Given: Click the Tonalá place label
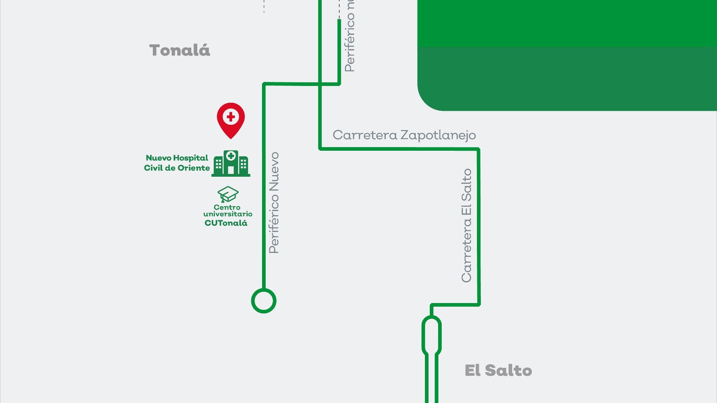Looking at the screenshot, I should coord(180,50).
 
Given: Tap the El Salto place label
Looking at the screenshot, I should coord(498,371).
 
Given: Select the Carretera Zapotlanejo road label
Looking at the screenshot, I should coord(404,135).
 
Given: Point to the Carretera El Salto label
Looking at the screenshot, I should coord(467,225).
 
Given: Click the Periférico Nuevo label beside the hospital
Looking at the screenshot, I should coord(274,203).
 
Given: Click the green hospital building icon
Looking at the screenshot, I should coord(231,163).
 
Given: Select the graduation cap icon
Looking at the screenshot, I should coord(228,194).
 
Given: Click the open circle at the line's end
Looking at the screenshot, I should coord(264,301).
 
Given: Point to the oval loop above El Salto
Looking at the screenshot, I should coord(431,335).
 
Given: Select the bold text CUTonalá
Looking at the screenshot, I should coord(226,223).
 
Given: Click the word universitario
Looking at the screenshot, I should coord(228,214).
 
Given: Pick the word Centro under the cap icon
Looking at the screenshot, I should coord(227,207).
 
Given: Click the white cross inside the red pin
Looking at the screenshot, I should coord(231,117).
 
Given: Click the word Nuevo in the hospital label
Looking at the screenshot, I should coord(158,158).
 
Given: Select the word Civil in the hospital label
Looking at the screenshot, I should coord(154,168).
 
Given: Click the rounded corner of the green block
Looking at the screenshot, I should coord(427,102).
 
